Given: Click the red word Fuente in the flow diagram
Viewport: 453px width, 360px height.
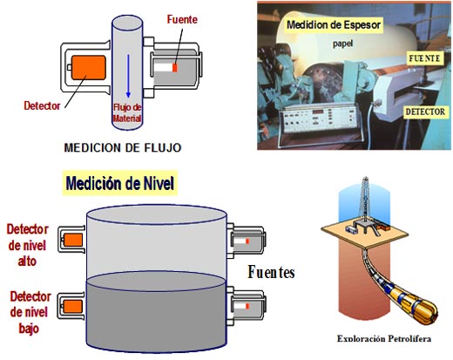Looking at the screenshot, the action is (182, 19).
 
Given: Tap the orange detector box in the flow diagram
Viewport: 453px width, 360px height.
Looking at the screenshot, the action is (89, 67).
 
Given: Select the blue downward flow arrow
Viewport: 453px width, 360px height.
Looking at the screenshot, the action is (128, 76).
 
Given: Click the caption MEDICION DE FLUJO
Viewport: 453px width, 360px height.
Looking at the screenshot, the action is (123, 147).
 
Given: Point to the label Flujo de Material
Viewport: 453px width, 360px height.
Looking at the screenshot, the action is (127, 112).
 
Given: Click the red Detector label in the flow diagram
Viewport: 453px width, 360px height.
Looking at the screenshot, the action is (42, 105).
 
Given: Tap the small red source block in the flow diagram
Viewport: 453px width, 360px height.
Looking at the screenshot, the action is (175, 68).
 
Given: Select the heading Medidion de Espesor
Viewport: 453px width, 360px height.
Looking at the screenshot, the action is (334, 25).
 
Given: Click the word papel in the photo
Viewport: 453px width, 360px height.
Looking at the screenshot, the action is (343, 44).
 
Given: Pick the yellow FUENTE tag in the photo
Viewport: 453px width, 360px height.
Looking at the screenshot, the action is (424, 58).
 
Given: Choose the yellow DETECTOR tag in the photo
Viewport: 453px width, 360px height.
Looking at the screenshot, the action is (425, 112).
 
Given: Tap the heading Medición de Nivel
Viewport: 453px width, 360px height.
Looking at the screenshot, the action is (120, 183).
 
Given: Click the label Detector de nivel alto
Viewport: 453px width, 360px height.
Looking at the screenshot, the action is (27, 245).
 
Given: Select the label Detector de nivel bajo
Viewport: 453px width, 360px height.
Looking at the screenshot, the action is (30, 313).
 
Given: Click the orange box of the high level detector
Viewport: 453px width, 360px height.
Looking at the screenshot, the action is (73, 241).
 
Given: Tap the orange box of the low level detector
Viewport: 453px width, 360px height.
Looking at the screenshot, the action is (73, 307).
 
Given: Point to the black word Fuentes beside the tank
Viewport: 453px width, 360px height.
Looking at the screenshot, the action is (271, 272).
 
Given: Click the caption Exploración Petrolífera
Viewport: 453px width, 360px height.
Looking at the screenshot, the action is (384, 339).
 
